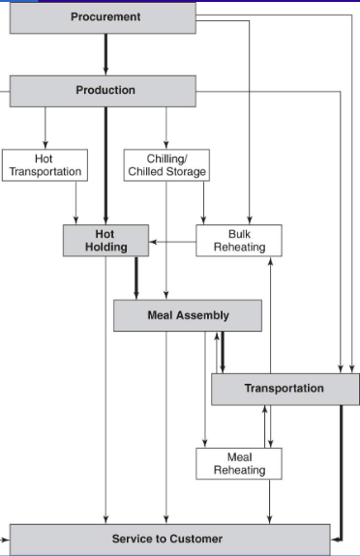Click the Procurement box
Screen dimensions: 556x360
105,16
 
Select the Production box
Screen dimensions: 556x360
105,91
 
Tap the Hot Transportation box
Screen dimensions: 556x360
45,164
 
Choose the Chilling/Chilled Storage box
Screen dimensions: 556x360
166,164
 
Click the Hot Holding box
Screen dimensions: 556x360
105,241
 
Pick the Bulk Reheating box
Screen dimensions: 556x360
239,241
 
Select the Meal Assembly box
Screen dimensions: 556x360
187,315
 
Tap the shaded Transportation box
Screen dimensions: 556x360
284,389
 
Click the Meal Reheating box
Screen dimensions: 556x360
239,463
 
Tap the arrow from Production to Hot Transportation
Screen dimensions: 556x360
45,127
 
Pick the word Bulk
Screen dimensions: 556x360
239,234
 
